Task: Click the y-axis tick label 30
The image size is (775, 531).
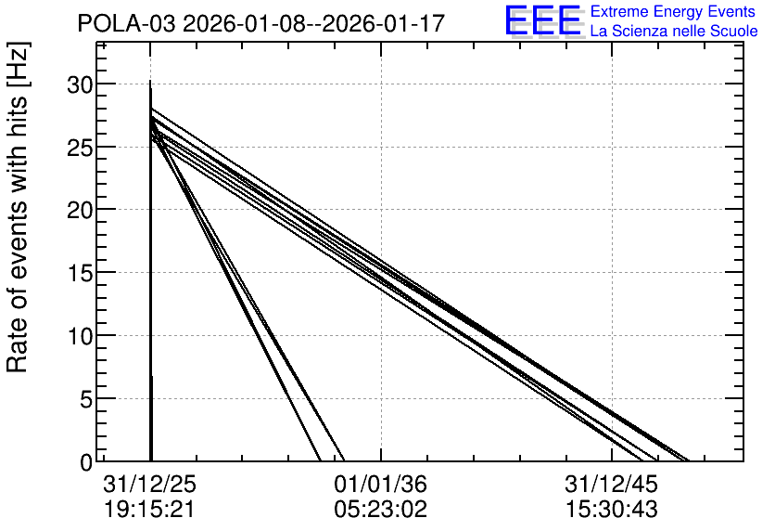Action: [80, 85]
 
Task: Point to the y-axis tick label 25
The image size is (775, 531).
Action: [80, 148]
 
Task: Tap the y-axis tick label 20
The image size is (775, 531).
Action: [80, 211]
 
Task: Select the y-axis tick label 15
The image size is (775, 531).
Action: [80, 274]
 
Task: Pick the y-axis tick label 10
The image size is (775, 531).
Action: [80, 336]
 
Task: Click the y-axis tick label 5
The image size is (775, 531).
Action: [86, 399]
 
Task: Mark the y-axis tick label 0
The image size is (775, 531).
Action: [86, 462]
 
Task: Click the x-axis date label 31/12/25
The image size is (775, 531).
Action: [150, 484]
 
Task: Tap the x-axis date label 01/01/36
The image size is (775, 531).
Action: [381, 484]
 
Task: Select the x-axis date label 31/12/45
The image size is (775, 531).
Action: [612, 484]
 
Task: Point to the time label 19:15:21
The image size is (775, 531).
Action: [150, 510]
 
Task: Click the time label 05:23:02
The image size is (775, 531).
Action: [381, 510]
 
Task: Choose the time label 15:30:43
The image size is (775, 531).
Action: [612, 510]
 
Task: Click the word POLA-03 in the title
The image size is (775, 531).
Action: [126, 24]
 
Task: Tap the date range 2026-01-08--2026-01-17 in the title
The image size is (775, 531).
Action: [314, 24]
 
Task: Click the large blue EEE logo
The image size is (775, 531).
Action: [543, 21]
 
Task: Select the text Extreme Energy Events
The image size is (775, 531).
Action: [673, 11]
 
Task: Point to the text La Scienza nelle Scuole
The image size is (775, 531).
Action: [674, 31]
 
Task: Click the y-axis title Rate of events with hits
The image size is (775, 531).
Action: [18, 207]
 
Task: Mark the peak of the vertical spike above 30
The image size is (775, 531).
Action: [150, 81]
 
